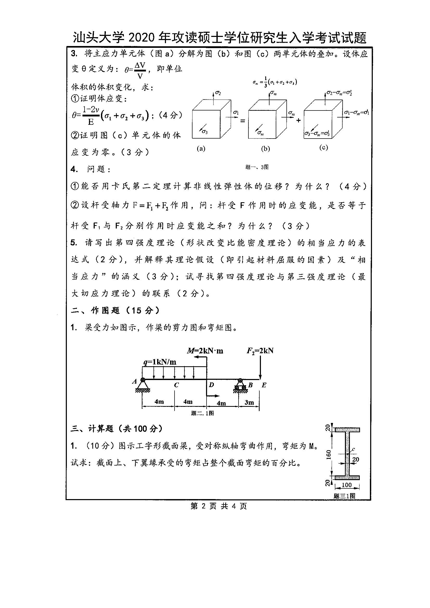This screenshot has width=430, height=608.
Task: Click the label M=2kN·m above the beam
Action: [x=205, y=351]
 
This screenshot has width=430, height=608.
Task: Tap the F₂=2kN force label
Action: [x=260, y=351]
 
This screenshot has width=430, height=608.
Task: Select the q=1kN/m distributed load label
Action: [x=160, y=362]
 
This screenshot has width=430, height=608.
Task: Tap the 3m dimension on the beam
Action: [x=249, y=402]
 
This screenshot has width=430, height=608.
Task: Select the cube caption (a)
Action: [x=201, y=149]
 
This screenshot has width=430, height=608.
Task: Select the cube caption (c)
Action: [x=324, y=148]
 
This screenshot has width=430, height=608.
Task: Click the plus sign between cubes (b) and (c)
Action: [x=299, y=121]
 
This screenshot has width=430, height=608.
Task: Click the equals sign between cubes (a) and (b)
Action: [x=242, y=121]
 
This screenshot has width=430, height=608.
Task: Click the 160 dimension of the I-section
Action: [x=329, y=454]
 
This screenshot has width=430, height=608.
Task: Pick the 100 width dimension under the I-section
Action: [x=346, y=485]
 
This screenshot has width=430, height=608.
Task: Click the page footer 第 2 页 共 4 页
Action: [x=219, y=506]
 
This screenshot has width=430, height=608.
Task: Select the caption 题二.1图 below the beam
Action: [x=202, y=413]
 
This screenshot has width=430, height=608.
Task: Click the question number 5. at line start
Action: [x=74, y=243]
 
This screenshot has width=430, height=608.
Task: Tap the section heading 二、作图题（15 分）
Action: [x=115, y=310]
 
